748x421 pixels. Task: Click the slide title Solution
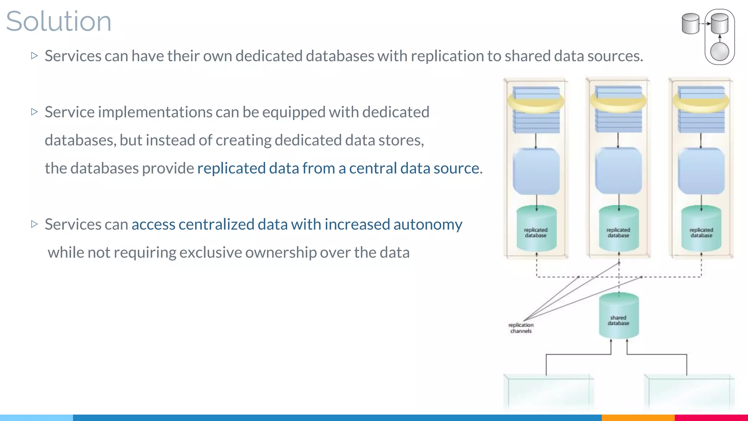coord(58,21)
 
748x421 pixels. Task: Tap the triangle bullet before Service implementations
coord(34,112)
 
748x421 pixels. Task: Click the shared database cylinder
coord(619,316)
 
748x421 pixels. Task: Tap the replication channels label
coord(521,328)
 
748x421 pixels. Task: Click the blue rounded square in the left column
coord(536,171)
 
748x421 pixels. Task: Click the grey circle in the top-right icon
coord(720,52)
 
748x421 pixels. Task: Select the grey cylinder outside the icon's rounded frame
coord(690,24)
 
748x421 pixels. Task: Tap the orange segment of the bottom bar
coord(638,417)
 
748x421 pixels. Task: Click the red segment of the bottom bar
coord(711,417)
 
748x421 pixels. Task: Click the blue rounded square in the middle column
coord(619,171)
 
